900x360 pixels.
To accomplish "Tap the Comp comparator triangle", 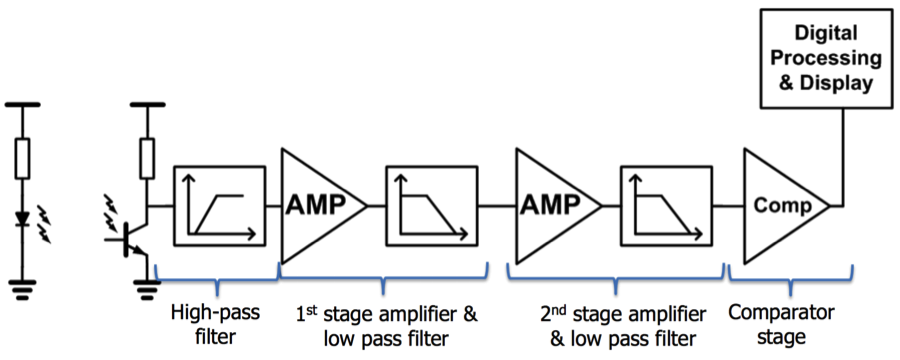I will pos(782,205).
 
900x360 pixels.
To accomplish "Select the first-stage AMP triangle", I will pos(318,205).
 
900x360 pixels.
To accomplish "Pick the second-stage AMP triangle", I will pos(552,205).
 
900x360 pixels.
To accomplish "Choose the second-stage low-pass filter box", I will pos(664,205).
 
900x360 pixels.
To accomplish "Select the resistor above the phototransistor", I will pos(147,156).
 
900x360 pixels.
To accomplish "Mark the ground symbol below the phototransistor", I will pos(147,290).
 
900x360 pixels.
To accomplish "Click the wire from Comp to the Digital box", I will pos(843,160).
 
